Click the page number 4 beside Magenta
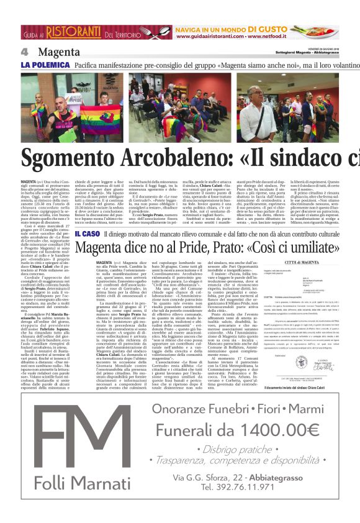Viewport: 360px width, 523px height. tap(24, 52)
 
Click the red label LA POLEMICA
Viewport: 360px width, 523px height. tap(45, 64)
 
